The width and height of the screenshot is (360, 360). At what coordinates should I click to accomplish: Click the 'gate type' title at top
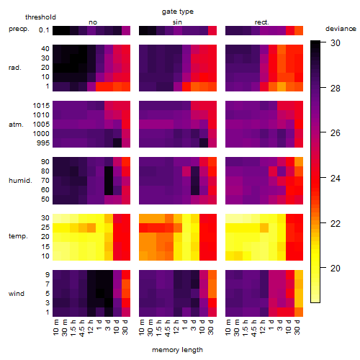coord(178,12)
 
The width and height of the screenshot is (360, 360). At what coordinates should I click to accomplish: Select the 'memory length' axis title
coord(177,350)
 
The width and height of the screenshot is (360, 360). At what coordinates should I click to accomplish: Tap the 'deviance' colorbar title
coord(341,29)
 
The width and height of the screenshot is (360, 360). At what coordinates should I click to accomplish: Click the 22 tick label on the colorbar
coord(336,224)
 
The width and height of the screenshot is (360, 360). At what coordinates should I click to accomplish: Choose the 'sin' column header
coord(177,22)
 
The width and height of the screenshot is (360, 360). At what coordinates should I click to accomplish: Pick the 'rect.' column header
coord(261,22)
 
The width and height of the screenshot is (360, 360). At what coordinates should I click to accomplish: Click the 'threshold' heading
coord(40,17)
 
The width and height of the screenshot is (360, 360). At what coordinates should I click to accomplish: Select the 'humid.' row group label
coord(20,181)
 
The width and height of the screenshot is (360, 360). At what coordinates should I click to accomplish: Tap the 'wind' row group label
coord(17,294)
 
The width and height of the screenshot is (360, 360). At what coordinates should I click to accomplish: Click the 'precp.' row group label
coord(19,29)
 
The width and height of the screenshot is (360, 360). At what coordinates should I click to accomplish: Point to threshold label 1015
coord(41,106)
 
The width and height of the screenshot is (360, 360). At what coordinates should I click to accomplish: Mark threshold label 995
coord(43,143)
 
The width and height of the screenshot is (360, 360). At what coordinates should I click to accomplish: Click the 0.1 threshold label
coord(44,30)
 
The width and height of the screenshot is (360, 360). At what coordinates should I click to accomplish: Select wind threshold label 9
coord(48,275)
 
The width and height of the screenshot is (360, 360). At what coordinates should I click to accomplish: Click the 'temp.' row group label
coord(18,236)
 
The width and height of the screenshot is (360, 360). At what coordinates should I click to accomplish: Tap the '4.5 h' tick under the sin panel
coord(168,328)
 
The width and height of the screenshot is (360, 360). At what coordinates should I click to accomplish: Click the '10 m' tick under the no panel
coord(55,328)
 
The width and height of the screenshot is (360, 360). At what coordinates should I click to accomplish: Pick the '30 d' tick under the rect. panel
coord(297,328)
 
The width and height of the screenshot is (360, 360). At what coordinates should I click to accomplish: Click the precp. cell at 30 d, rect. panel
coord(299,30)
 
